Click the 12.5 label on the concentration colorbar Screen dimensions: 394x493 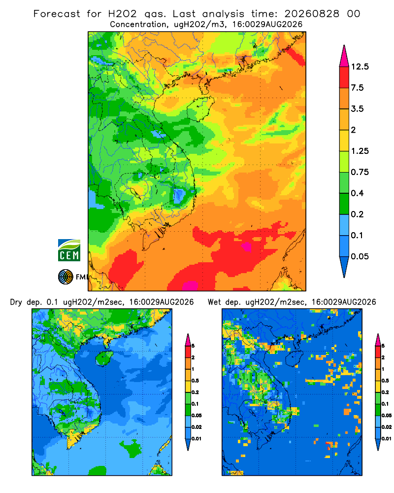tap(360, 67)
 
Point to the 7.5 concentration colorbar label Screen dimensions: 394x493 tap(357, 88)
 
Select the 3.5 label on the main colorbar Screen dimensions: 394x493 tap(357, 109)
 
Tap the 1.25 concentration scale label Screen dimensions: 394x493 tap(360, 151)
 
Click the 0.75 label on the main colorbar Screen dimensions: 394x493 tap(360, 172)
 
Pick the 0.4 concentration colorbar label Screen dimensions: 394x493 tap(357, 193)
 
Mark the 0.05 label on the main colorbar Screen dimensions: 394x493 tap(360, 256)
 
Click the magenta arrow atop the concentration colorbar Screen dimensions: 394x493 tap(344, 57)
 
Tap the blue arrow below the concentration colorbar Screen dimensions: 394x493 tap(344, 266)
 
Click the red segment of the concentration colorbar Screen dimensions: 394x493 tap(344, 77)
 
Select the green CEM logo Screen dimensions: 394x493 tap(69, 250)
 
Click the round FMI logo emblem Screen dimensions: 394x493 tap(66, 277)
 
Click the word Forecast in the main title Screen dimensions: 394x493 tap(57, 14)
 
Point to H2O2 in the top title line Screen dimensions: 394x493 tap(123, 14)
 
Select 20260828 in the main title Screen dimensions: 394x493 tap(312, 14)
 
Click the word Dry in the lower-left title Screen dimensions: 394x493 tap(16, 302)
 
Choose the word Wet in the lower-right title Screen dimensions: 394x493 tap(215, 302)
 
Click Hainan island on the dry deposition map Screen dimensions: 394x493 tap(104, 358)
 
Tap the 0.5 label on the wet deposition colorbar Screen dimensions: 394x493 tap(385, 381)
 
